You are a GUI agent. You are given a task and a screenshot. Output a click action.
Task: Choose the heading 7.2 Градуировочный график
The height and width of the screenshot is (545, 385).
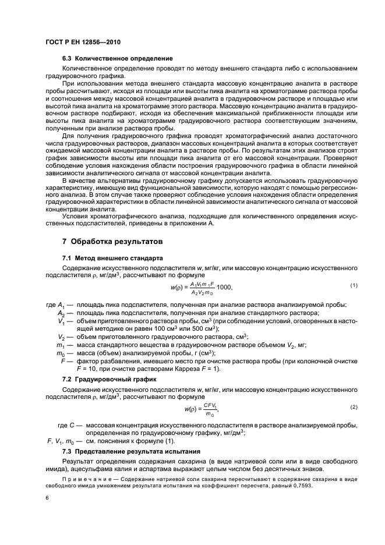point(102,379)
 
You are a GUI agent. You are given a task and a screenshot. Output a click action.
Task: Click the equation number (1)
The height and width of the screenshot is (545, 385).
point(353,285)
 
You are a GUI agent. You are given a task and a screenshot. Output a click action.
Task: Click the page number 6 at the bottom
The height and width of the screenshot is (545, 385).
point(47,498)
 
